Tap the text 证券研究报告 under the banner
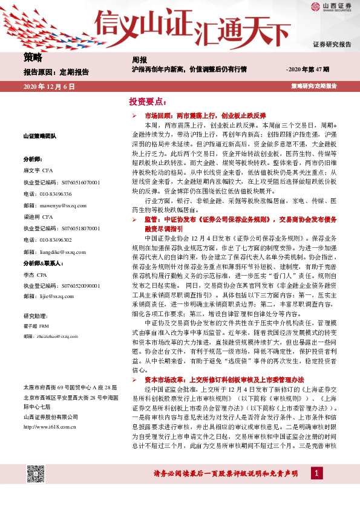(332, 45)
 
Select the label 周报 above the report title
(139, 60)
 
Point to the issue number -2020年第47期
(307, 70)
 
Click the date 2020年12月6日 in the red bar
(49, 86)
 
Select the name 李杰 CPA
(36, 274)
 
